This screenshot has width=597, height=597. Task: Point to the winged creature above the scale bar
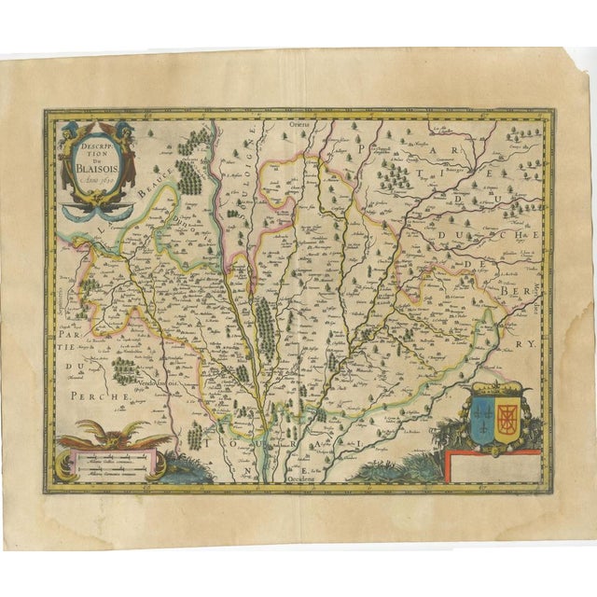click(111, 434)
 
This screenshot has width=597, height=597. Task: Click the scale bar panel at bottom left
click(106, 462)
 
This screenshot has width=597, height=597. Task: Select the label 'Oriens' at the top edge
click(298, 124)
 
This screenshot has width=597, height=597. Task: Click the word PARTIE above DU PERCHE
click(76, 334)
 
